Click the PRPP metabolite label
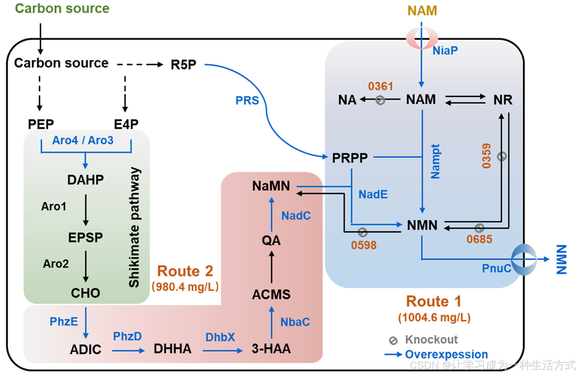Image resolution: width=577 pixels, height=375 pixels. click(350, 158)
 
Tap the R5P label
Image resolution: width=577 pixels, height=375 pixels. click(184, 65)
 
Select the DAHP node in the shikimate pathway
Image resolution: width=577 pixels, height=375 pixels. click(86, 180)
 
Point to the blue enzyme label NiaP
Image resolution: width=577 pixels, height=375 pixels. click(445, 51)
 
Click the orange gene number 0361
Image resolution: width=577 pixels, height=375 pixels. click(380, 86)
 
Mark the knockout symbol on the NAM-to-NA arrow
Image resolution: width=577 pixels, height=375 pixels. click(380, 100)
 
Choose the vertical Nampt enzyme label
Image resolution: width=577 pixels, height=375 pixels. click(435, 161)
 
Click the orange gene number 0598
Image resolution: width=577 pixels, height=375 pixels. click(364, 245)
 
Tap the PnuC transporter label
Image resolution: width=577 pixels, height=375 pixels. click(496, 268)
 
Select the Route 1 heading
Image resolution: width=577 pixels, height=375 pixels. click(434, 301)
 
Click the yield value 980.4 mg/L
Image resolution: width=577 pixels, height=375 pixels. click(185, 287)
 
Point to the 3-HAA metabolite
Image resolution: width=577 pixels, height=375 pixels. click(271, 349)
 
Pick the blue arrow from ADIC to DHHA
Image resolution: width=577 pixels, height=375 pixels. click(128, 351)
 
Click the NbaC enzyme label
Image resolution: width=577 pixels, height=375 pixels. click(295, 322)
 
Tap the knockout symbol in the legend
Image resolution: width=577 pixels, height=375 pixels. click(393, 341)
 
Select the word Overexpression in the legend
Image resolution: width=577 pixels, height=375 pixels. click(446, 354)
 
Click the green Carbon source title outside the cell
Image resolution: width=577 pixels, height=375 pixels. click(62, 8)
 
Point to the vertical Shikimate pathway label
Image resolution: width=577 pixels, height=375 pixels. click(134, 227)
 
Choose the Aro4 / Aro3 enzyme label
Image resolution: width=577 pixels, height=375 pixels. click(83, 140)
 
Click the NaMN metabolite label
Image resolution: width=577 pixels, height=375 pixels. click(271, 186)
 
